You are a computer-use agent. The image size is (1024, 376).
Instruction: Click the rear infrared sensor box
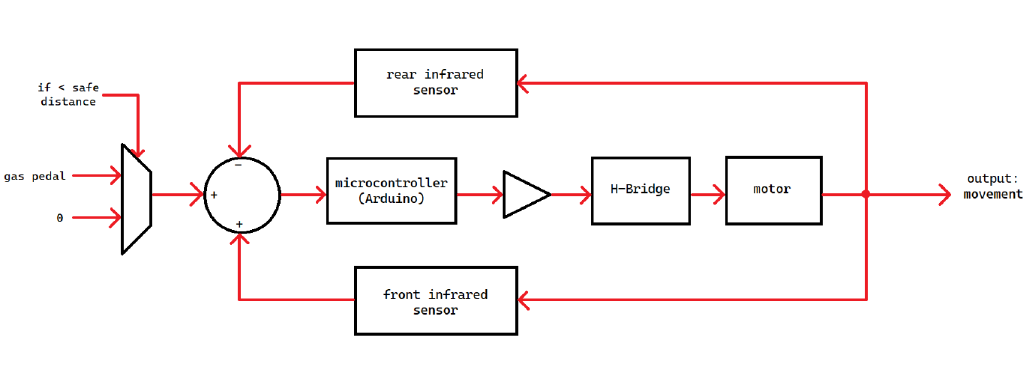[x=435, y=83]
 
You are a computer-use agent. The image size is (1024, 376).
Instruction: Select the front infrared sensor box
[x=435, y=301]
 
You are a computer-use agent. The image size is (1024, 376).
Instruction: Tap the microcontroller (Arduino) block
[x=391, y=190]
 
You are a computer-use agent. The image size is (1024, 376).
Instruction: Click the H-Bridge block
[x=640, y=190]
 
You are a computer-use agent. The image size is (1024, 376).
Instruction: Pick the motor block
[x=773, y=190]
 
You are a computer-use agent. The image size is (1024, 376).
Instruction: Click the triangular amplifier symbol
[x=524, y=194]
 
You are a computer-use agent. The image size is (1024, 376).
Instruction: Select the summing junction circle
[x=242, y=195]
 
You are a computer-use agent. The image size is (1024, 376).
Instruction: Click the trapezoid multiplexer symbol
[x=136, y=197]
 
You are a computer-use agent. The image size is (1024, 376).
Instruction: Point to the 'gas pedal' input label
[x=35, y=176]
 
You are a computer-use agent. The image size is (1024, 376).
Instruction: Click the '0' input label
[x=60, y=216]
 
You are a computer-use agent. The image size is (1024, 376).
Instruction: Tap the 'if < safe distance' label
[x=68, y=95]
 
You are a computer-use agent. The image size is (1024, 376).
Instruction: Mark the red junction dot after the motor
[x=865, y=194]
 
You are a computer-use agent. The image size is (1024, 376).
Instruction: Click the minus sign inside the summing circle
[x=238, y=165]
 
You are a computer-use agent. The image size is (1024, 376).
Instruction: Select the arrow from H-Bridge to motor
[x=707, y=194]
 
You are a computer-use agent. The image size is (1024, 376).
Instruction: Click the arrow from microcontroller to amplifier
[x=479, y=194]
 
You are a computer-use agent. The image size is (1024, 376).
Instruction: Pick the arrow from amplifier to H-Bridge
[x=570, y=194]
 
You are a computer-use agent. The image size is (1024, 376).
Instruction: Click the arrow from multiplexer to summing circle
[x=177, y=195]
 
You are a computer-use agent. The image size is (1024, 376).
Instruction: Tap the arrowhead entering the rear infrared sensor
[x=524, y=83]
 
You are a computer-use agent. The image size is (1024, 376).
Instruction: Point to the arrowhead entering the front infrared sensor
[x=524, y=300]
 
